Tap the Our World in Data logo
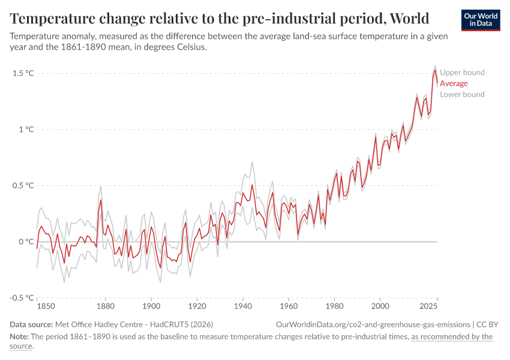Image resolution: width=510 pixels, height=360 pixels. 480,20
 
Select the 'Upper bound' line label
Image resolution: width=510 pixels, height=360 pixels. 462,73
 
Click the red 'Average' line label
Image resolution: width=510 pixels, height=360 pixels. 454,83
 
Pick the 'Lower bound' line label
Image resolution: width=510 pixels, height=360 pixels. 462,94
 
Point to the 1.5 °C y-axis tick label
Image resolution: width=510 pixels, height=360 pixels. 22,73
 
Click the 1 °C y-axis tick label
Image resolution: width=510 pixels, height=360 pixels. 25,130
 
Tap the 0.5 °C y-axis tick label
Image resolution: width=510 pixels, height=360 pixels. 22,185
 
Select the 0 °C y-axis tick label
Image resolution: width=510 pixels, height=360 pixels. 25,242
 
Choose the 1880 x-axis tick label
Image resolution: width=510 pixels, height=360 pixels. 106,307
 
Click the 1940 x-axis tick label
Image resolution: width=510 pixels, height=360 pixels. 243,307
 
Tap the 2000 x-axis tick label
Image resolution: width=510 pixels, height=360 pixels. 380,307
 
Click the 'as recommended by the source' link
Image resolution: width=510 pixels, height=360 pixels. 451,337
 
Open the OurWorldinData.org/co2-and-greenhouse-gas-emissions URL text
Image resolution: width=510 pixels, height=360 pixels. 373,324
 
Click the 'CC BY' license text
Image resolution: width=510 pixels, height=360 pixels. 488,324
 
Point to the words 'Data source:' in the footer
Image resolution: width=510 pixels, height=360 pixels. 32,324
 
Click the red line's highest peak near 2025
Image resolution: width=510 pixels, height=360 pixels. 435,70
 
